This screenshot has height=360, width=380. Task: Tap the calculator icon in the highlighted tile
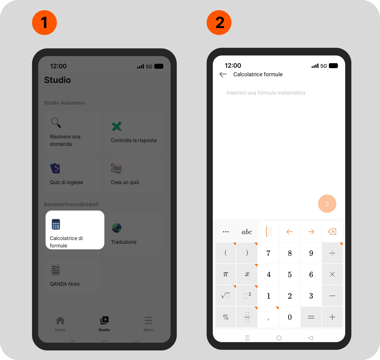click(x=56, y=224)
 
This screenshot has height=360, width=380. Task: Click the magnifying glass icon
click(x=56, y=123)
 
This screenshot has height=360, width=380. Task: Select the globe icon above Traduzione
click(x=117, y=228)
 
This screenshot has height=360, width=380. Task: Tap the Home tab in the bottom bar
click(x=60, y=324)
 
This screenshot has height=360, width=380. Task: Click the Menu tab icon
click(x=148, y=321)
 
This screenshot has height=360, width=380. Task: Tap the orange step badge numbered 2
click(x=219, y=22)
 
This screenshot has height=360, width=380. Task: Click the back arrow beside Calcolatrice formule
click(x=223, y=75)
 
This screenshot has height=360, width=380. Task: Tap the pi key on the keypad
click(x=225, y=274)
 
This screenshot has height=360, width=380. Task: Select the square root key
click(x=225, y=296)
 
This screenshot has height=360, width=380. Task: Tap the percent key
click(x=225, y=317)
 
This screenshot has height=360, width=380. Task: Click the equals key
click(x=311, y=317)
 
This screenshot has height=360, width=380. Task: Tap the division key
click(x=332, y=253)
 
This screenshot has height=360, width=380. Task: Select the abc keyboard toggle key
click(x=247, y=232)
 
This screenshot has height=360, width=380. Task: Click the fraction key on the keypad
click(x=247, y=317)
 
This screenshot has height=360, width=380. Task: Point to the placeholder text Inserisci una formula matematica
click(x=266, y=93)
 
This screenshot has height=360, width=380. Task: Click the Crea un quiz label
click(x=125, y=182)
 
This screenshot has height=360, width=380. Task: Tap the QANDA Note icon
click(x=56, y=270)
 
